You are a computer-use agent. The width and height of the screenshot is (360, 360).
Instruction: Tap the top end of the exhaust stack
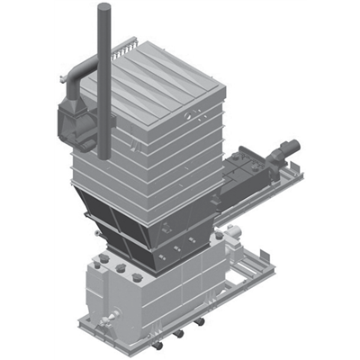pos(103,8)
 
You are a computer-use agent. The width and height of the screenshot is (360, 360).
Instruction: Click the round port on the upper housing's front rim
pos(190,114)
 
